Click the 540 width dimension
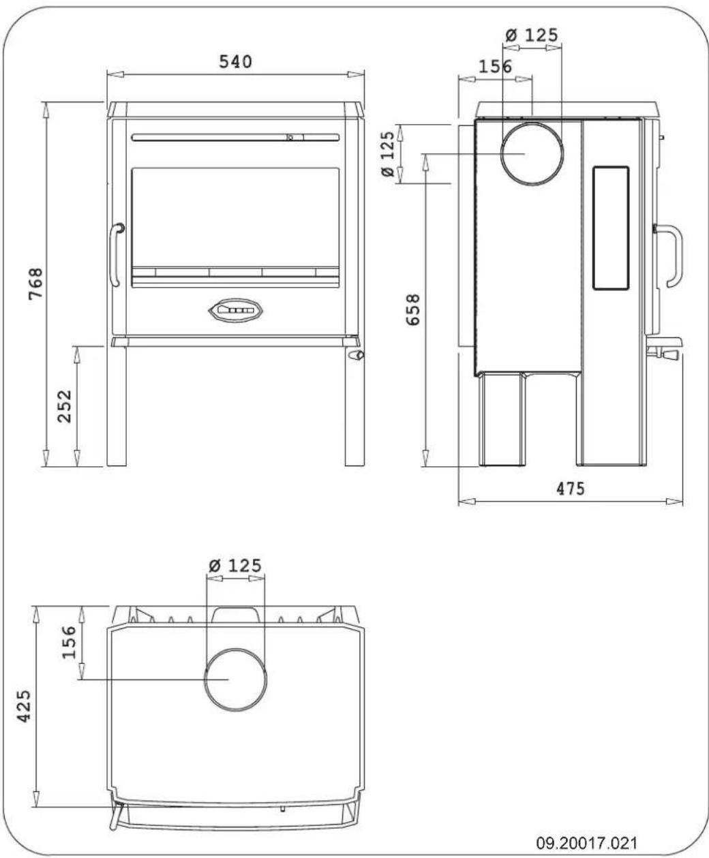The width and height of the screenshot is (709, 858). click(235, 62)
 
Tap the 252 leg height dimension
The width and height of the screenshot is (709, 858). click(64, 407)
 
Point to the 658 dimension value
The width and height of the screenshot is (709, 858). click(412, 309)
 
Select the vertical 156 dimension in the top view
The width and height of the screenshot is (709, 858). click(70, 642)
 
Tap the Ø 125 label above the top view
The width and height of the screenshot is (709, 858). click(235, 565)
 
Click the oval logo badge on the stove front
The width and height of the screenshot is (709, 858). click(235, 310)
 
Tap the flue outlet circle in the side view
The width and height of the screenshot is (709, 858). click(532, 155)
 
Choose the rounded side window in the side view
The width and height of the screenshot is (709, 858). click(611, 228)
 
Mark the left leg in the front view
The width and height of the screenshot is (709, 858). click(116, 407)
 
